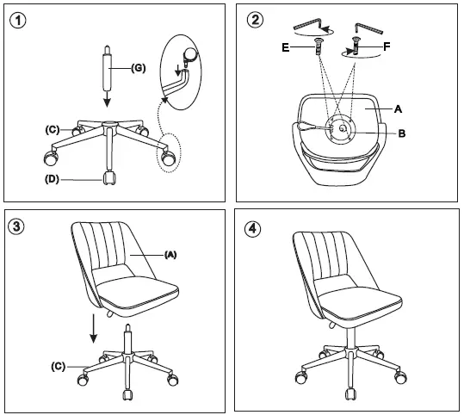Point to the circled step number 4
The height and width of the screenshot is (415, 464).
tap(253, 227)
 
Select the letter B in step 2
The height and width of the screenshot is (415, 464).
tap(401, 134)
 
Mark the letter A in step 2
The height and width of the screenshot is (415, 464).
tap(398, 109)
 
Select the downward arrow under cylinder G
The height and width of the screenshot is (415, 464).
tap(106, 99)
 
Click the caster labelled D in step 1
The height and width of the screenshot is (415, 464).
tap(109, 179)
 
